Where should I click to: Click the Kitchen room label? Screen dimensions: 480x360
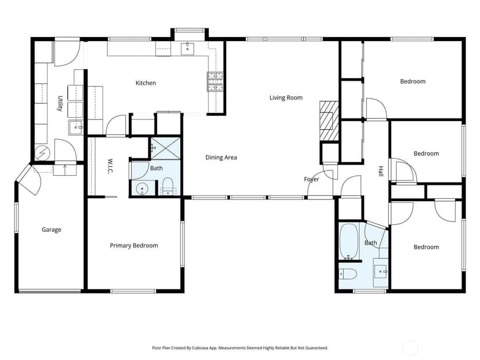click(146, 83)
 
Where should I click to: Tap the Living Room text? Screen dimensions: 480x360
click(286, 97)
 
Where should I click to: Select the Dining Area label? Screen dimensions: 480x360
click(221, 157)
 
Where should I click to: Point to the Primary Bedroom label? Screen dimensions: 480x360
click(134, 246)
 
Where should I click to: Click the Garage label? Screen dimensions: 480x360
click(52, 230)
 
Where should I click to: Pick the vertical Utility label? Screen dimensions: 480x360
click(60, 103)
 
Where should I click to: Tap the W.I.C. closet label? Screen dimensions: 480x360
click(110, 166)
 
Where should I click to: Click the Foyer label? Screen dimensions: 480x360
click(311, 179)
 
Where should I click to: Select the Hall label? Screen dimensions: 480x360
click(380, 171)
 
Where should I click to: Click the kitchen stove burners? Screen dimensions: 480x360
click(215, 82)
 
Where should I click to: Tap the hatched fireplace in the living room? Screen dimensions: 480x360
click(329, 121)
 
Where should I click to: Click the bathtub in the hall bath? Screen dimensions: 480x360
click(348, 242)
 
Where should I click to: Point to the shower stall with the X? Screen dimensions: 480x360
click(165, 148)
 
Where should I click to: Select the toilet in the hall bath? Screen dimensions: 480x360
click(348, 274)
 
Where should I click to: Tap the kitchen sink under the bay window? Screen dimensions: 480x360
click(187, 49)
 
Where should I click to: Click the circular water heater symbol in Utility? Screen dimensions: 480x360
click(42, 152)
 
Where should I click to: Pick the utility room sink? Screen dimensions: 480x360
click(75, 128)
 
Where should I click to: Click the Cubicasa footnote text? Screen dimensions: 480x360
click(240, 348)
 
